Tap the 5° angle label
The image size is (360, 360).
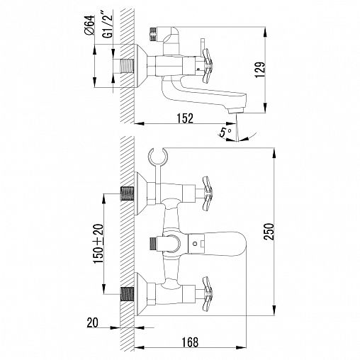tap(226, 132)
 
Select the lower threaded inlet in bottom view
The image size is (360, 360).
tap(128, 292)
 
